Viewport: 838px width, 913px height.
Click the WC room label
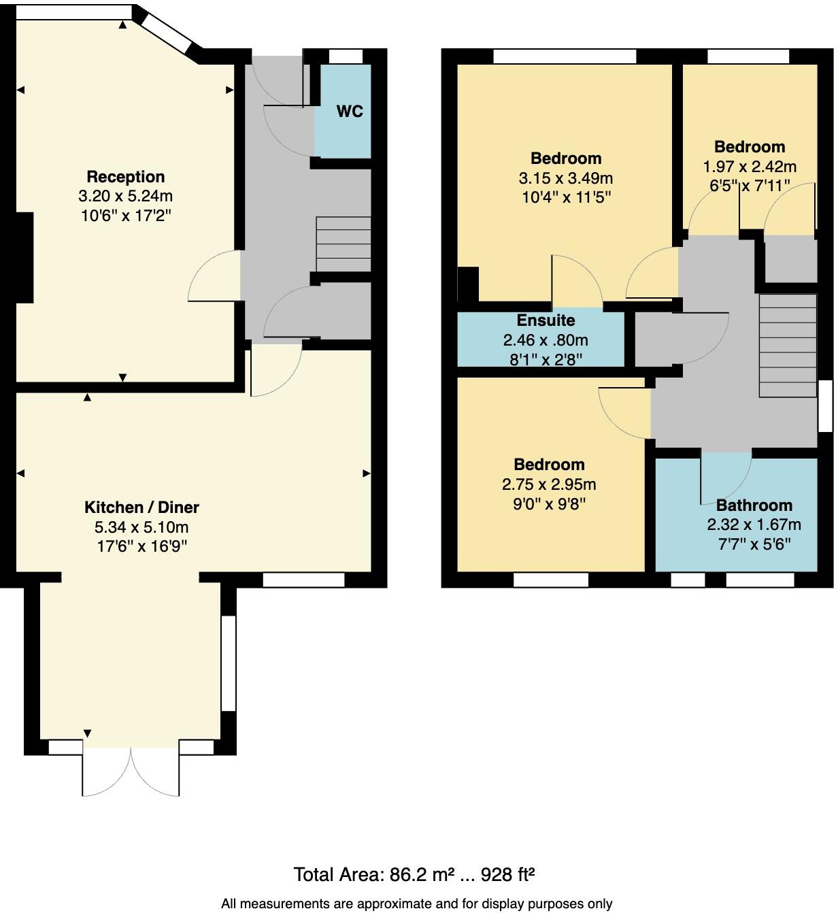pyautogui.click(x=350, y=112)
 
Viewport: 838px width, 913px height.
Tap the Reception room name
pyautogui.click(x=126, y=177)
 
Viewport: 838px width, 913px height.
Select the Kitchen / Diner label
pyautogui.click(x=141, y=508)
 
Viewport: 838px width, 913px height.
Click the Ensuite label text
pyautogui.click(x=546, y=320)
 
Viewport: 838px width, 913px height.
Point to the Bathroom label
pyautogui.click(x=754, y=505)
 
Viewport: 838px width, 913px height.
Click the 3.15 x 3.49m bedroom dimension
pyautogui.click(x=565, y=178)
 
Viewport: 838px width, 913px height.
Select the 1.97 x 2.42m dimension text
pyautogui.click(x=750, y=167)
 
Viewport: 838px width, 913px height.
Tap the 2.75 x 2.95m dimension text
pyautogui.click(x=549, y=484)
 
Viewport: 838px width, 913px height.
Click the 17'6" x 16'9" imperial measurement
pyautogui.click(x=141, y=546)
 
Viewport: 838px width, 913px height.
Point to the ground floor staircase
pyautogui.click(x=343, y=244)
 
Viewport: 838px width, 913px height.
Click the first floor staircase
pyautogui.click(x=788, y=346)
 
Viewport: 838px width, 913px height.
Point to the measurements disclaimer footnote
pyautogui.click(x=416, y=903)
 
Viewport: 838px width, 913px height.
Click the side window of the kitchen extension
pyautogui.click(x=229, y=663)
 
